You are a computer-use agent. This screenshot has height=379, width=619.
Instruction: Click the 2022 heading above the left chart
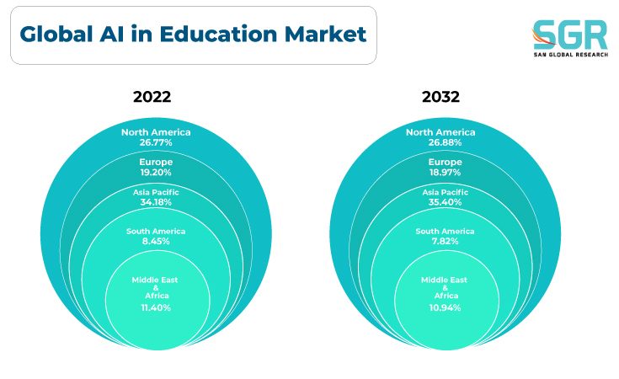(152, 97)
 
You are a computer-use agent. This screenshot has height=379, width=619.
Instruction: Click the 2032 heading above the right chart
(441, 97)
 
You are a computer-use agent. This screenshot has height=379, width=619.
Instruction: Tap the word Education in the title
(218, 34)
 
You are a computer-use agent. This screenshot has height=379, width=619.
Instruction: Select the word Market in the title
(326, 34)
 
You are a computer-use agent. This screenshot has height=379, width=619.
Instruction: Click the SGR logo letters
(569, 35)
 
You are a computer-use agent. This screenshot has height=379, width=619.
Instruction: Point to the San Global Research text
(571, 55)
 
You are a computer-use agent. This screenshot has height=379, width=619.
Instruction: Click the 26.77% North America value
(156, 142)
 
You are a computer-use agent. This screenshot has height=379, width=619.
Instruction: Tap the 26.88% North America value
(445, 142)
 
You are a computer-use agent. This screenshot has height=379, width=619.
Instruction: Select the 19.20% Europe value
(156, 173)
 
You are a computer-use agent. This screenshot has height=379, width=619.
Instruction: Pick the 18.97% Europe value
(445, 173)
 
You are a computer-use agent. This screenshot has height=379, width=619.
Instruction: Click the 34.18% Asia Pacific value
(156, 202)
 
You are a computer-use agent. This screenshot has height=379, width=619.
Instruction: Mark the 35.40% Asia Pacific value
(445, 202)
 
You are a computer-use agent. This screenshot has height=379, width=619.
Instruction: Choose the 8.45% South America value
(156, 241)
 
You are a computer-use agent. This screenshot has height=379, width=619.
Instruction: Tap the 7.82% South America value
(445, 241)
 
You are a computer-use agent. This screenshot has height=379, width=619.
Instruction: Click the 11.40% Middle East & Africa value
(156, 308)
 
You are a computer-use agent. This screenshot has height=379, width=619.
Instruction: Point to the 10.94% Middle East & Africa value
(445, 308)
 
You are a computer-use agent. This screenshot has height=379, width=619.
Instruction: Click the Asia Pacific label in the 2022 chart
(156, 192)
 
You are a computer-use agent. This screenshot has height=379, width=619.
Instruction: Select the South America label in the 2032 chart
(445, 232)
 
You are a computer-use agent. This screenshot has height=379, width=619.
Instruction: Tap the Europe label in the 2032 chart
(445, 163)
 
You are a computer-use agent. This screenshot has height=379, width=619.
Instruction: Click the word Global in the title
(56, 34)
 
